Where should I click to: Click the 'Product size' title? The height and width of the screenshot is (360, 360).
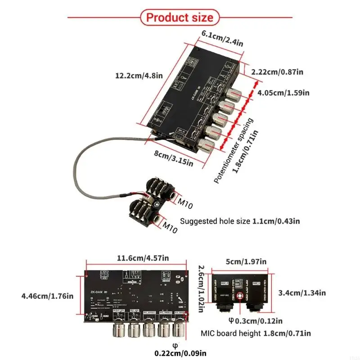(180, 18)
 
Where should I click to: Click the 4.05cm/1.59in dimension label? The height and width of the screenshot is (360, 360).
(283, 93)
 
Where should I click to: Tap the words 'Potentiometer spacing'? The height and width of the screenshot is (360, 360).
(233, 151)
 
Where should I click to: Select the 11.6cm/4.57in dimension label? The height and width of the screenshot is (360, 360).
(143, 258)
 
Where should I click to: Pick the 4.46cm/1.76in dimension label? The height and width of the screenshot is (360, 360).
(47, 296)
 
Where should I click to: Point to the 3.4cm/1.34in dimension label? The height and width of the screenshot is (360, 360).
(301, 292)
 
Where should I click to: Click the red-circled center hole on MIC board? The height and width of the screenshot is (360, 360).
(240, 296)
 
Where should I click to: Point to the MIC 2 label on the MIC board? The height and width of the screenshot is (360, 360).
(225, 283)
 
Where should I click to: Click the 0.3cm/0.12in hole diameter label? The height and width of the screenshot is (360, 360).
(256, 321)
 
